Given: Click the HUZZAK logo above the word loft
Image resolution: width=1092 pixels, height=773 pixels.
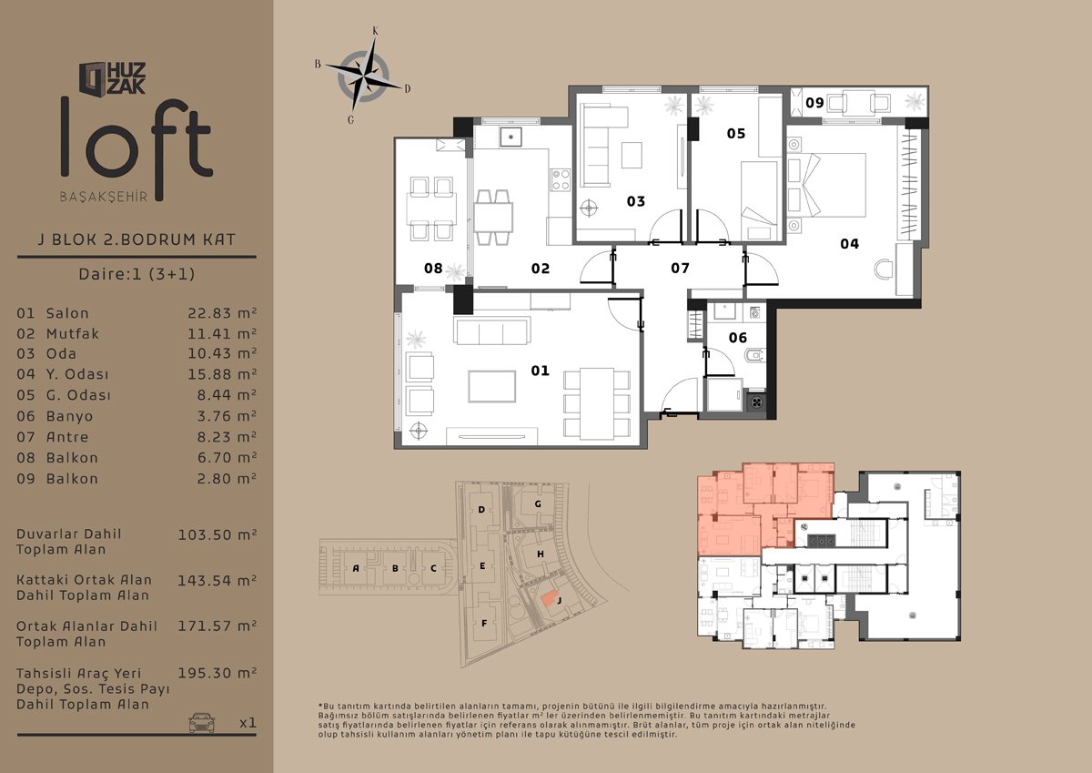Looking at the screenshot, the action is (x=113, y=78).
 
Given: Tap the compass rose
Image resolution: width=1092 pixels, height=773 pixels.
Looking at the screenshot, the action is (x=363, y=76).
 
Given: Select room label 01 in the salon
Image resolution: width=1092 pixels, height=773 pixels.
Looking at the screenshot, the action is (x=541, y=371).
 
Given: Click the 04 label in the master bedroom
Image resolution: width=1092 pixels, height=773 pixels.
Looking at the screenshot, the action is (x=849, y=244).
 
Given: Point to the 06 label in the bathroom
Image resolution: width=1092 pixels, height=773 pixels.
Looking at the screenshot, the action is (x=738, y=338).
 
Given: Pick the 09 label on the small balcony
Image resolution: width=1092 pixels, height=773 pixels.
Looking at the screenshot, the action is (x=814, y=103).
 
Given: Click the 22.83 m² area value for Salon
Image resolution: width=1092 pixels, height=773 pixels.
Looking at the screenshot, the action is (x=222, y=312).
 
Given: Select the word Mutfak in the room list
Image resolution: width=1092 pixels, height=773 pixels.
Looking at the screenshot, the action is (x=73, y=333).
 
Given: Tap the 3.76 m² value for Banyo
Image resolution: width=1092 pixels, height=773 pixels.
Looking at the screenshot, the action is (x=227, y=415).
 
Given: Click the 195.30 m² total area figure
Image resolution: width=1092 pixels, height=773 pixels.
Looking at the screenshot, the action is (x=217, y=673).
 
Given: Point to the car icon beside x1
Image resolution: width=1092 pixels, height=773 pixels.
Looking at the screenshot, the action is (x=201, y=723).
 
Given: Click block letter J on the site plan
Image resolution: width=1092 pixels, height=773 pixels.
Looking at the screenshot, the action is (x=560, y=600).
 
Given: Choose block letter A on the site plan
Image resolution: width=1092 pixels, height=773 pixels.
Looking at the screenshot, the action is (x=356, y=568).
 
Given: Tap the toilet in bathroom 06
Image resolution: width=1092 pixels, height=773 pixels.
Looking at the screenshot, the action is (x=754, y=355).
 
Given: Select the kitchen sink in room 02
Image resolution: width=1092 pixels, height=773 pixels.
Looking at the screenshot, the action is (x=511, y=137).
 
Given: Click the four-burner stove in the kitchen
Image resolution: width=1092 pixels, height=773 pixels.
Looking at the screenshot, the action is (x=561, y=180).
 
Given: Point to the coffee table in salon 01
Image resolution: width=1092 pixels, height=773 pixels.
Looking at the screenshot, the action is (x=492, y=386).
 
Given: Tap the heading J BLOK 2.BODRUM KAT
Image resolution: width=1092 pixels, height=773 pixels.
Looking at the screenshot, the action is (x=136, y=239).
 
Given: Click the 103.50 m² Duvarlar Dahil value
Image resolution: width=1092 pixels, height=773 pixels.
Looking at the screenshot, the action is (x=217, y=535).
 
